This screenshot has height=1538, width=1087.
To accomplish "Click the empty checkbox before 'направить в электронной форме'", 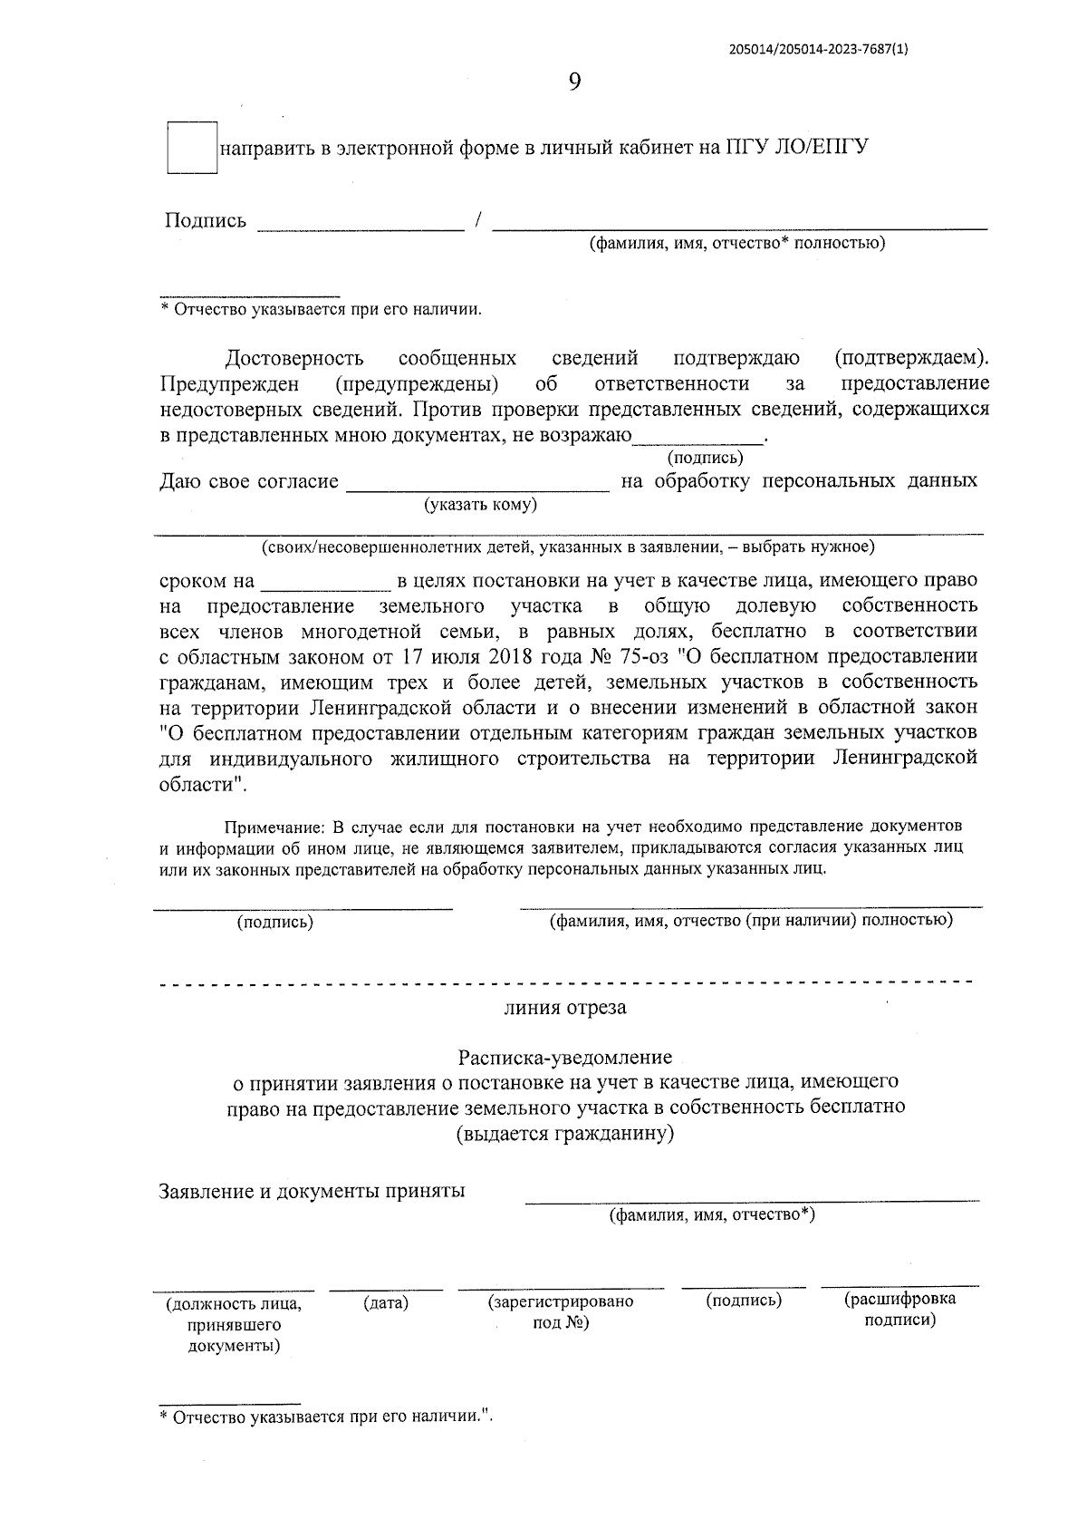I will [x=192, y=147].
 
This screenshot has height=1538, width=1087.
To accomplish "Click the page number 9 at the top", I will [x=574, y=82].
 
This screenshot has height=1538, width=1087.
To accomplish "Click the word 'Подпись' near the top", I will [x=206, y=221].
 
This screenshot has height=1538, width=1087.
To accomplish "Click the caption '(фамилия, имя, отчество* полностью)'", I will [x=736, y=243].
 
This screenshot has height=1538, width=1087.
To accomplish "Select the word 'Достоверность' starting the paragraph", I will [x=294, y=358].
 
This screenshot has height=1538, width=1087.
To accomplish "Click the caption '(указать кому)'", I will [x=481, y=505].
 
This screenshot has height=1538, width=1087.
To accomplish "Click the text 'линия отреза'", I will [x=565, y=1008].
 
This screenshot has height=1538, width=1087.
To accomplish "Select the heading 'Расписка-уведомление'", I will [x=565, y=1058].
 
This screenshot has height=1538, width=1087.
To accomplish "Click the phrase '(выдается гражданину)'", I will [x=565, y=1133].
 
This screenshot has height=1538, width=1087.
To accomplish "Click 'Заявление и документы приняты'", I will [x=312, y=1191].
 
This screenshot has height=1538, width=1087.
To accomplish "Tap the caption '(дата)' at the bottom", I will [x=386, y=1303].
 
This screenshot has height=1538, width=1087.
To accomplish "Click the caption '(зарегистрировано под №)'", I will [x=561, y=1311].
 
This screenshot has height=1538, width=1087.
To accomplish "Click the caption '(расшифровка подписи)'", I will [x=899, y=1309].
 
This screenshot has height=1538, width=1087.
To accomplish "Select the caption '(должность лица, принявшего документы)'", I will [x=234, y=1324].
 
